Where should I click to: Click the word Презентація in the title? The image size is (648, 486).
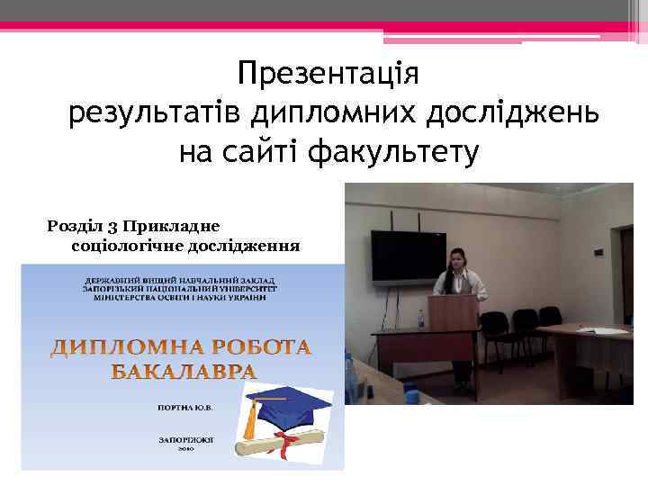click(x=329, y=73)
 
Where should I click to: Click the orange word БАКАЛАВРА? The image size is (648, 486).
click(x=184, y=372)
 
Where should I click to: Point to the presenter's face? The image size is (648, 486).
click(x=463, y=259)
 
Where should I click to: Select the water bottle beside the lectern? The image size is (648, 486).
click(x=420, y=319)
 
